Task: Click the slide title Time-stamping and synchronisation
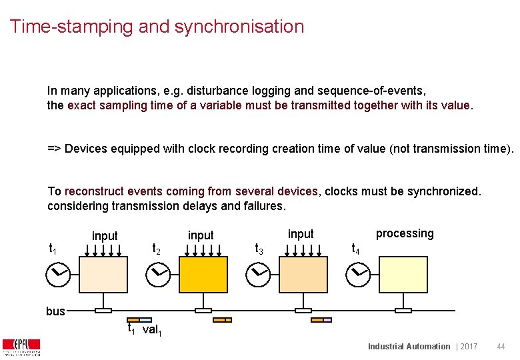coord(157,27)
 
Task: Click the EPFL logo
coord(21,347)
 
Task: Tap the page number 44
coord(501,347)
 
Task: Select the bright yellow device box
coord(203,274)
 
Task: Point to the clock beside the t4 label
coord(360,273)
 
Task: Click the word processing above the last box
coord(405,233)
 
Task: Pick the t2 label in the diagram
coord(156,249)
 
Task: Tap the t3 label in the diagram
coord(259,249)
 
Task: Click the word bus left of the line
coord(55,311)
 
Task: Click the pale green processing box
coord(403,274)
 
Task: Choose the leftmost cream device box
coord(103,274)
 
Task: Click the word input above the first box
coord(105,236)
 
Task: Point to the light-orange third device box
coord(303,274)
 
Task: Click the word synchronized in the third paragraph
coord(446,191)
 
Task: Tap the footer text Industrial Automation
coord(409,347)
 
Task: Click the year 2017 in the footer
coord(468,347)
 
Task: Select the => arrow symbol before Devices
coord(53,149)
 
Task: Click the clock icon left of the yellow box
coord(159,273)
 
